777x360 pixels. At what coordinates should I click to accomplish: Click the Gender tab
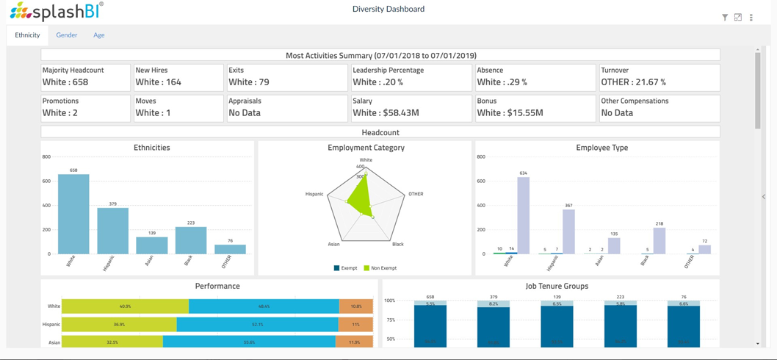[66, 35]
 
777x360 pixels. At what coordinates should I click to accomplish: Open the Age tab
[98, 35]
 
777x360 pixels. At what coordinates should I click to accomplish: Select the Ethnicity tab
[27, 35]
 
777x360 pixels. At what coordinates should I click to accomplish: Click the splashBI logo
[57, 11]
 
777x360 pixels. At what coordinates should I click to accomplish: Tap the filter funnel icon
[725, 18]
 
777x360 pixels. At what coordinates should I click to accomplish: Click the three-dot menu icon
[751, 18]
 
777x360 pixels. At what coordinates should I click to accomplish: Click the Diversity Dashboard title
[388, 10]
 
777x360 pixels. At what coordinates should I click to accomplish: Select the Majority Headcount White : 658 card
[85, 77]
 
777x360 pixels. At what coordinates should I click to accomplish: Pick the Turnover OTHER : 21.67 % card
[659, 77]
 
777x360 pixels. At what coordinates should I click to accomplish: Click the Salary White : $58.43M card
[410, 107]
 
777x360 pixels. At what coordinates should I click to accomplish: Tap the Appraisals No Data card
[286, 107]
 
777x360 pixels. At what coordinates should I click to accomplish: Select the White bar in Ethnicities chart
[73, 215]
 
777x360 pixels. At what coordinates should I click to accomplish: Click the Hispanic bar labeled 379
[112, 231]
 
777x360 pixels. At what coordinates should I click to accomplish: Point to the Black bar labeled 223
[191, 240]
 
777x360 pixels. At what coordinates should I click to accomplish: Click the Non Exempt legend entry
[380, 268]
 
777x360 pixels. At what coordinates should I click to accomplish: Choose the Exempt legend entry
[345, 268]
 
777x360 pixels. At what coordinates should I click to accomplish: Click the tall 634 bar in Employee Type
[523, 215]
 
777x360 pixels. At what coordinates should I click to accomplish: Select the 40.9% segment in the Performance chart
[125, 306]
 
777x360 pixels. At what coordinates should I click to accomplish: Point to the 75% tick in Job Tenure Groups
[390, 320]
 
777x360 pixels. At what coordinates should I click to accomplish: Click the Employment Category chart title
[366, 148]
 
